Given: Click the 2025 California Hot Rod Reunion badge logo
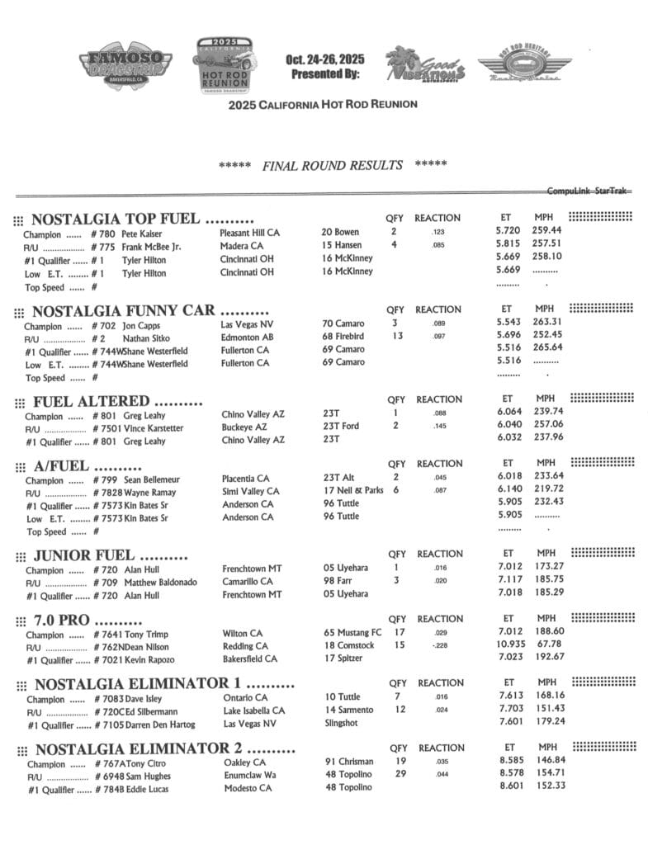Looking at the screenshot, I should pyautogui.click(x=225, y=65).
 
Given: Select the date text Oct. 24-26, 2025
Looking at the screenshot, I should pyautogui.click(x=324, y=59).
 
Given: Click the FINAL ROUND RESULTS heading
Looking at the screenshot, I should pyautogui.click(x=332, y=165).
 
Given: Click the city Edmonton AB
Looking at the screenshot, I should pyautogui.click(x=245, y=338).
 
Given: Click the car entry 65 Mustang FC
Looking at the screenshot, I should pyautogui.click(x=352, y=633).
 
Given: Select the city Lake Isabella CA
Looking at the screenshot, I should pyautogui.click(x=254, y=710).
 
